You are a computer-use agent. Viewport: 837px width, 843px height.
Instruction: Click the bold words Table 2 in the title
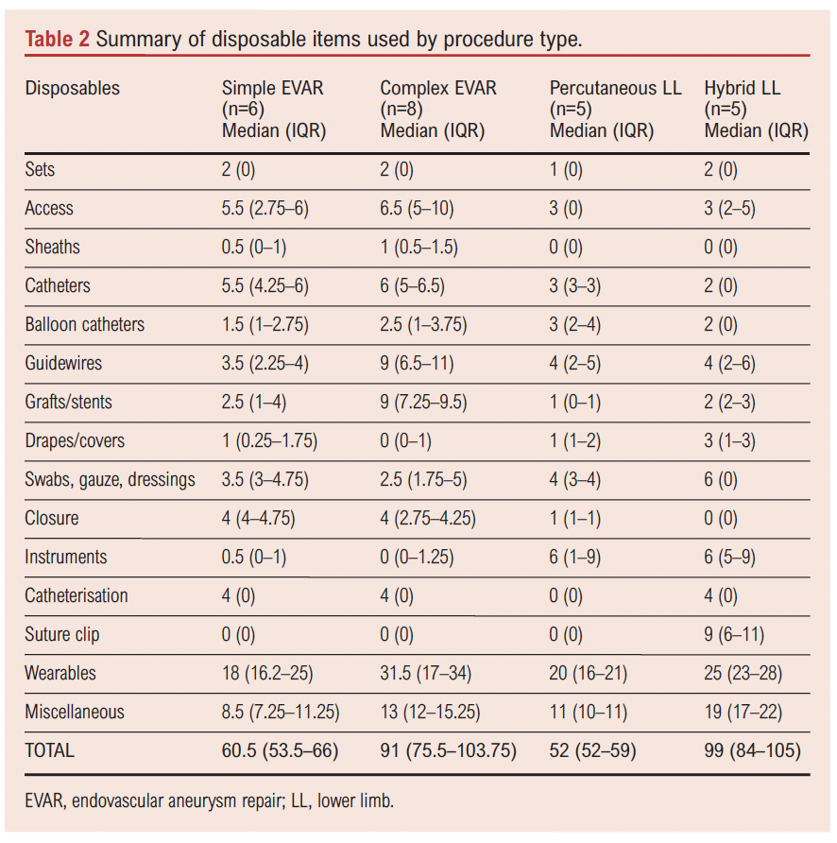click(x=58, y=39)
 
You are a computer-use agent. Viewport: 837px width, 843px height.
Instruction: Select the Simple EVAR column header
click(x=272, y=89)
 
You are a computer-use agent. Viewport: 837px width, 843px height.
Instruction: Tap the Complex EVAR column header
click(x=437, y=89)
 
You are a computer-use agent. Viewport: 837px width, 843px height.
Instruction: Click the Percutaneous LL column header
click(x=615, y=89)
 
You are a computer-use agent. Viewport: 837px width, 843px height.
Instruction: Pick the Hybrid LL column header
click(x=742, y=89)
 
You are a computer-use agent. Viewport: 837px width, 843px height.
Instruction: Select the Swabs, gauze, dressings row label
click(x=110, y=479)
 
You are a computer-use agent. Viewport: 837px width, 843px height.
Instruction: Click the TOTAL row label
click(x=49, y=751)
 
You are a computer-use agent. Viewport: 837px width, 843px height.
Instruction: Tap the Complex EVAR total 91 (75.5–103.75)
click(x=449, y=751)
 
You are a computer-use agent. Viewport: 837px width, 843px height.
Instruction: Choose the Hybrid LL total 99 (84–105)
click(x=753, y=751)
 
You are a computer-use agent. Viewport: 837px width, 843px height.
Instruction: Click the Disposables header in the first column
click(x=73, y=89)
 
